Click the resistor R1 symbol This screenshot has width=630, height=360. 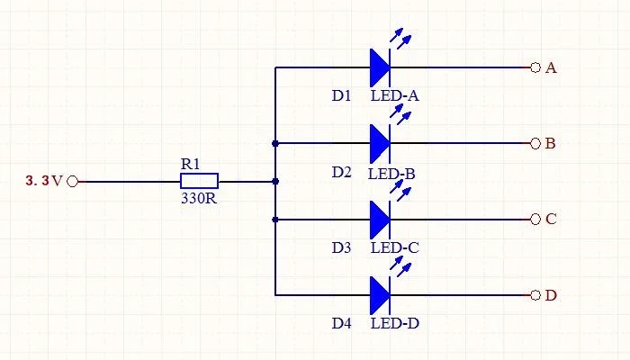point(199,181)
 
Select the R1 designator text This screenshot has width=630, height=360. point(190,164)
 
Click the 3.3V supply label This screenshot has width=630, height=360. point(44,181)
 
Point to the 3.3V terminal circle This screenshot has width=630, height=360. point(73,181)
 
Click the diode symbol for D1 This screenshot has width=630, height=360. point(380,67)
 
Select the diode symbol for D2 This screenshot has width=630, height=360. point(380,143)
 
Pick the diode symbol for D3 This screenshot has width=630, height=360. point(380,219)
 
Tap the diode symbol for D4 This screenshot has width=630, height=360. point(380,294)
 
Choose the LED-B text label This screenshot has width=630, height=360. point(391,172)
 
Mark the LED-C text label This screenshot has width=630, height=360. point(394,247)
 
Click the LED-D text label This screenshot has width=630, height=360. point(394,323)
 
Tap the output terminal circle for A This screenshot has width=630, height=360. point(535,67)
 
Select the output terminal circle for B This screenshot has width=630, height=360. point(535,143)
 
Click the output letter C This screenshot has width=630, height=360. point(551,219)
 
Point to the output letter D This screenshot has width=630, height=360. point(551,295)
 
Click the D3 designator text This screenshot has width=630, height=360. point(341,247)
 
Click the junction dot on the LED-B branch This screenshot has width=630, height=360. point(275,143)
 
